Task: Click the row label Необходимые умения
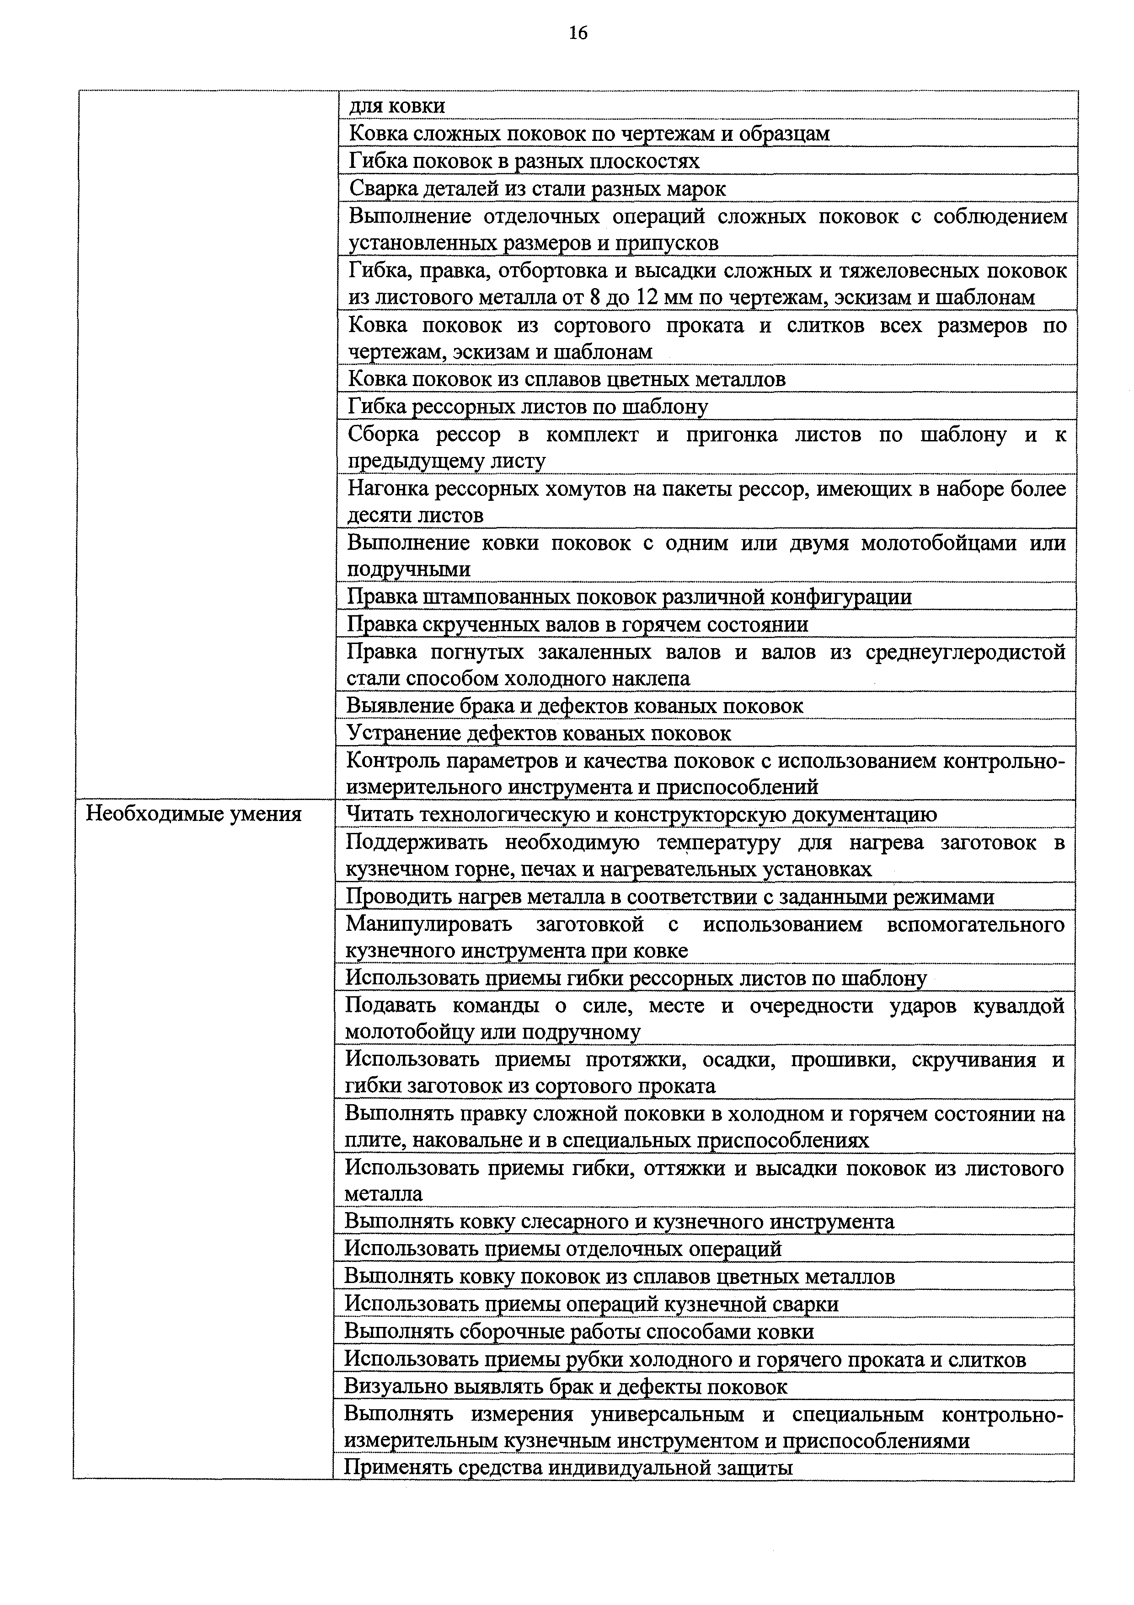point(193,814)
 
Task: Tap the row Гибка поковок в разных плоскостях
point(523,161)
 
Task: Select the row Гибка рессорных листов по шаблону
point(528,407)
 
